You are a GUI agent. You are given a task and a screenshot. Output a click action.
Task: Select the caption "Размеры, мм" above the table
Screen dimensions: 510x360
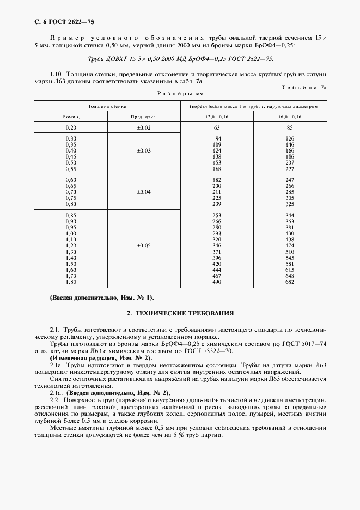pos(180,93)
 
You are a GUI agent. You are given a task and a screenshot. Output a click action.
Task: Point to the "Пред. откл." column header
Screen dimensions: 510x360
pos(144,117)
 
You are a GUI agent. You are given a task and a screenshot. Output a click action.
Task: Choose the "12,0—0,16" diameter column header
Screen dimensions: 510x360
pos(217,117)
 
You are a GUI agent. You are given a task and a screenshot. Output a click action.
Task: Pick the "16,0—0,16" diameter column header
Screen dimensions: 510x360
pos(289,117)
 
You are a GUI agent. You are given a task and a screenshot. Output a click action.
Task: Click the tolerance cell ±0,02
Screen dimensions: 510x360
pos(144,127)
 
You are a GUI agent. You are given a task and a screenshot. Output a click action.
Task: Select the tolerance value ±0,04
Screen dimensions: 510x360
pos(144,192)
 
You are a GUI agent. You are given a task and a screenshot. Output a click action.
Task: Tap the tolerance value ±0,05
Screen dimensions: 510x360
pos(144,246)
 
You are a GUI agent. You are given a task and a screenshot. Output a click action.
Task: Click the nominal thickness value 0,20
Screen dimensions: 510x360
pos(71,127)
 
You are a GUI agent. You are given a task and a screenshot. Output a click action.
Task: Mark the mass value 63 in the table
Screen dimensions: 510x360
pos(217,127)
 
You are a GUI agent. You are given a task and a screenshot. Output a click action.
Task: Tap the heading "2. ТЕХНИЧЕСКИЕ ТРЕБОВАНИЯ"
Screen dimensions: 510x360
pos(180,314)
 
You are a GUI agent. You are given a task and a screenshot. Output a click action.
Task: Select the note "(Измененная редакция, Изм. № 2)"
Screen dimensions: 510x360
pos(101,358)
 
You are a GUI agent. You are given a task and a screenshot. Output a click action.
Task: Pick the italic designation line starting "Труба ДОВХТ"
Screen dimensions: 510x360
pos(180,59)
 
